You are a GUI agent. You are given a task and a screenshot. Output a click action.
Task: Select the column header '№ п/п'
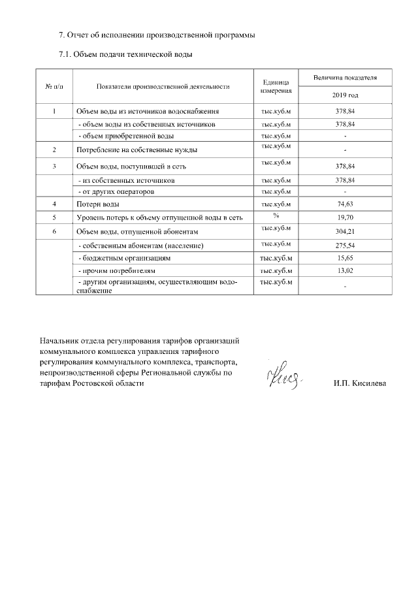pos(54,86)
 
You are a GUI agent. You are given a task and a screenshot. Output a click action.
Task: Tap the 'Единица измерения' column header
pos(275,86)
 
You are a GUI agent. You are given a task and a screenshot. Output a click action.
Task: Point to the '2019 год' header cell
pos(345,95)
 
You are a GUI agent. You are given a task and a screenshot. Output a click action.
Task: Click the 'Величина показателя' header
pos(345,78)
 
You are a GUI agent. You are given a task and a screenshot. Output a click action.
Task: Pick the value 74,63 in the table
pos(345,204)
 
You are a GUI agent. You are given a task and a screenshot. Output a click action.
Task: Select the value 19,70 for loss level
pos(345,217)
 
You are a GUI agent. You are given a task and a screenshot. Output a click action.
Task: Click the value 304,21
pos(345,232)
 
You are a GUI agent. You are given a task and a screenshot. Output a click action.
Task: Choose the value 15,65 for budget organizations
pos(345,259)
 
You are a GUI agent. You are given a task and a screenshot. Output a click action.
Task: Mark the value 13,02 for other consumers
pos(345,270)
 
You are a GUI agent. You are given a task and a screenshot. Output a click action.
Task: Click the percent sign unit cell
pos(276,215)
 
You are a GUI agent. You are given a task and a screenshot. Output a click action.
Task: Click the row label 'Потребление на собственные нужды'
pos(137,150)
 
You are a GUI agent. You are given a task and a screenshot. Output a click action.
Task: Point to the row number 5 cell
pos(54,217)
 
